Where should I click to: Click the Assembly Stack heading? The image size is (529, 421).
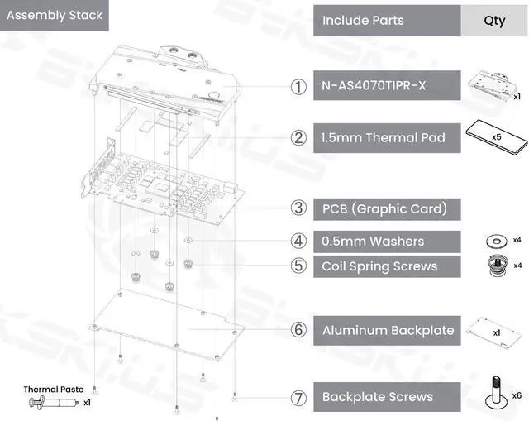point(54,15)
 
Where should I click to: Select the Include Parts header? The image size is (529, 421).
point(363,20)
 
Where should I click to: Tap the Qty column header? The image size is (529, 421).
point(494,20)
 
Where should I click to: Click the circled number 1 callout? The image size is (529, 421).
point(298,86)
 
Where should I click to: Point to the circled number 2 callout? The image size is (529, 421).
point(298,137)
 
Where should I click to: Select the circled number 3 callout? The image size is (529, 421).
point(298,208)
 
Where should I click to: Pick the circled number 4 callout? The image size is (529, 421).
point(298,242)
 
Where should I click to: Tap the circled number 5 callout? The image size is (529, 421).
point(298,266)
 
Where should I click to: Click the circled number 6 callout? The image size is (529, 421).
point(298,330)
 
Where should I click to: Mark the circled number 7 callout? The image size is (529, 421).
point(298,397)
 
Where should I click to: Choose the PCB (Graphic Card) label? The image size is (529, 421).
point(384,208)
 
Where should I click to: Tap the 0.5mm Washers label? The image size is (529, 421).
point(373,242)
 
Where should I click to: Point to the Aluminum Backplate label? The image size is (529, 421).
point(388,330)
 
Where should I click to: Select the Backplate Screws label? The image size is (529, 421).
point(377,397)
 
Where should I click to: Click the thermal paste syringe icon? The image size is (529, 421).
point(51,403)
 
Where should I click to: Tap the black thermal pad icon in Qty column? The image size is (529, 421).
point(493,137)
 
